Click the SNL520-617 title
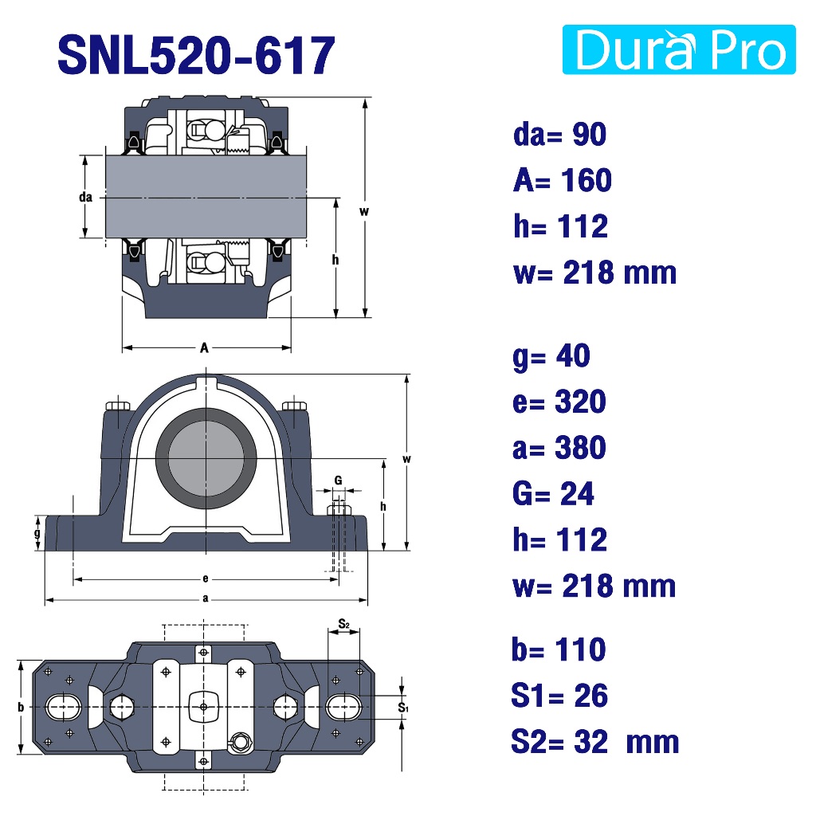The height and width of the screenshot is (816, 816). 196,55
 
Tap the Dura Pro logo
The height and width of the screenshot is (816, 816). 679,49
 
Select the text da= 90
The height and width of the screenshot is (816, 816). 559,134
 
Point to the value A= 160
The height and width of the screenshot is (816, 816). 562,180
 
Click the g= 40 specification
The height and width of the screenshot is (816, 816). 551,357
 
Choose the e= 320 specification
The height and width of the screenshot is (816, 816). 559,402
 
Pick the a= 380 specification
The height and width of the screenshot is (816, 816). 559,448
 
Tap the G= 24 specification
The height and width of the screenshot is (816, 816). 553,493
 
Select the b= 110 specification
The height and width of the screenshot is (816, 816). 559,649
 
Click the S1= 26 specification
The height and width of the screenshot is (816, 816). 559,695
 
